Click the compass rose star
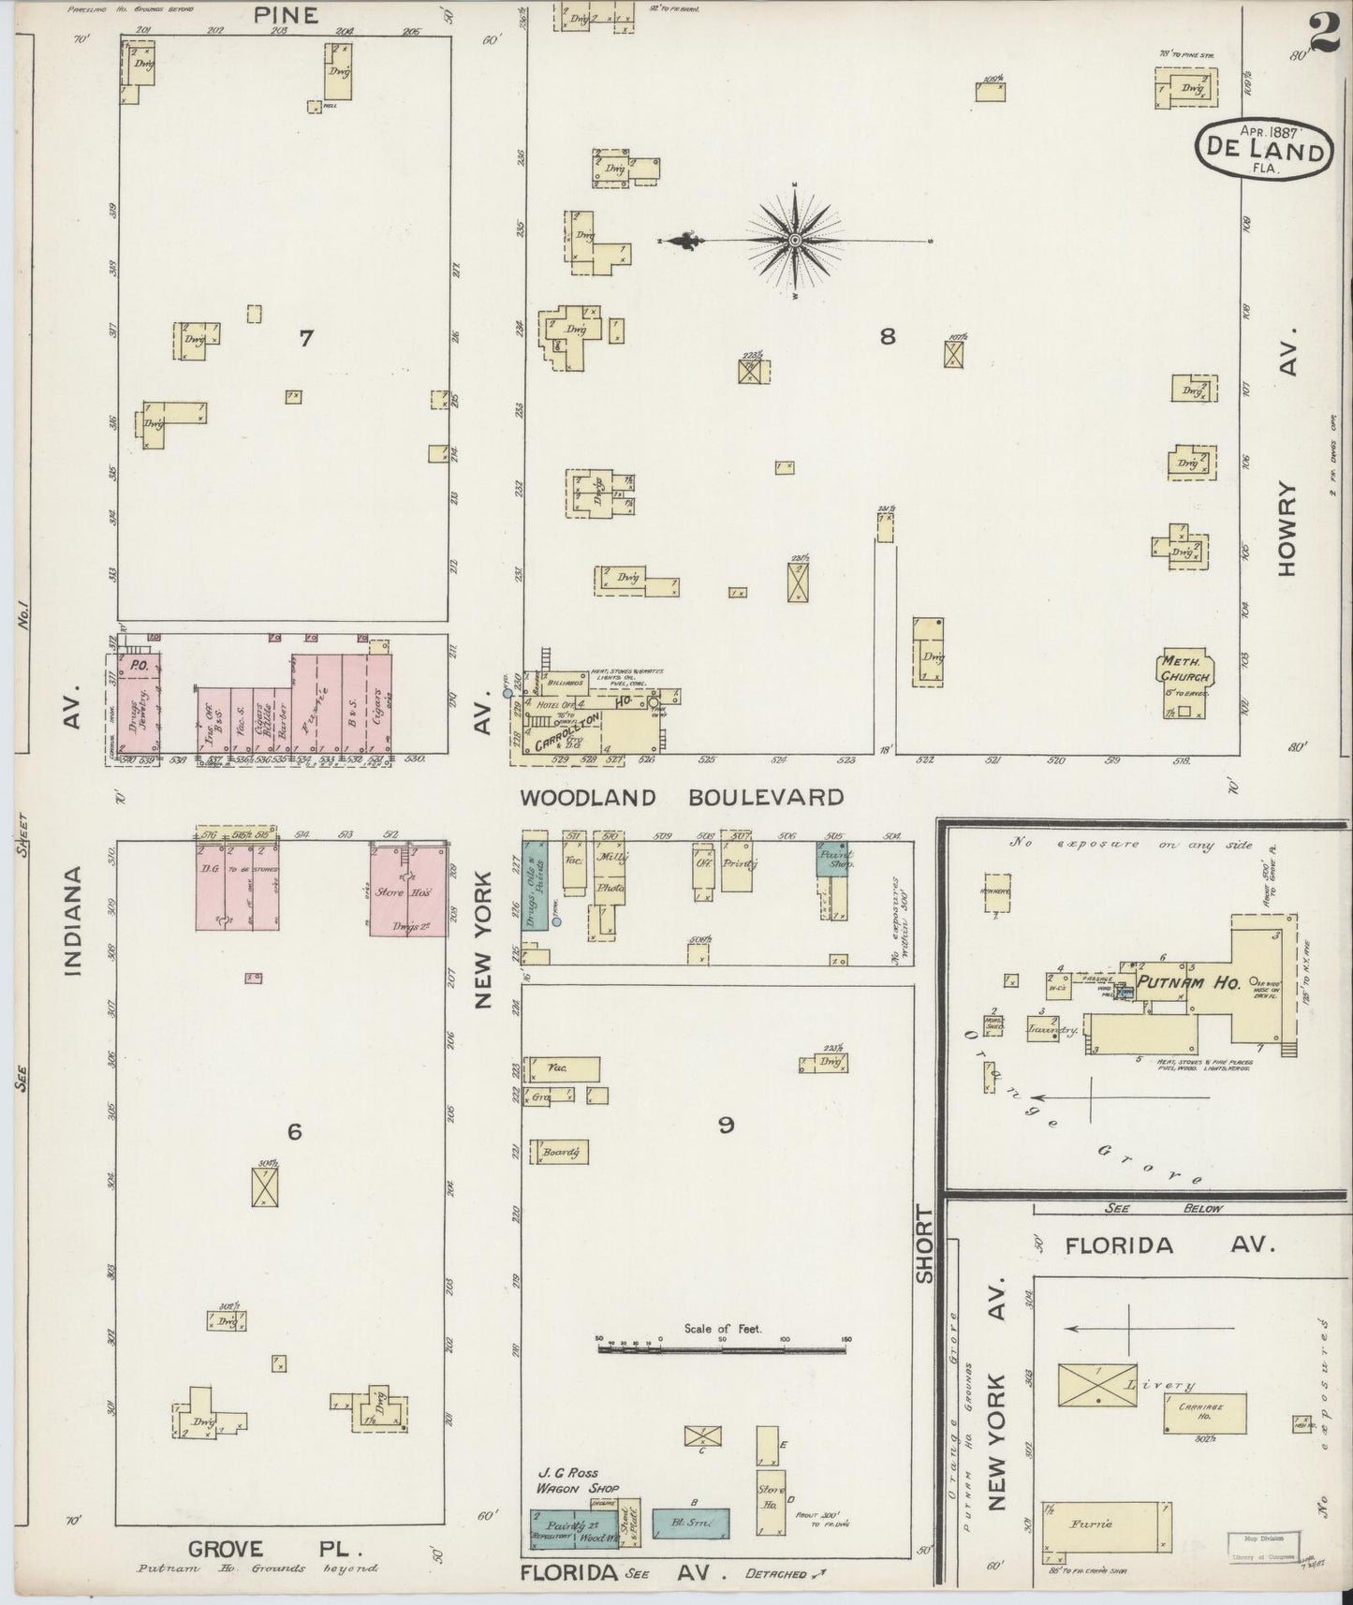click(x=795, y=241)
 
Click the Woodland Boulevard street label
click(x=682, y=798)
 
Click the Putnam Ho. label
click(x=1188, y=983)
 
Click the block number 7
click(x=305, y=339)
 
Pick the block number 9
click(x=726, y=1126)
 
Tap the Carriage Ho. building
click(x=1205, y=1412)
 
